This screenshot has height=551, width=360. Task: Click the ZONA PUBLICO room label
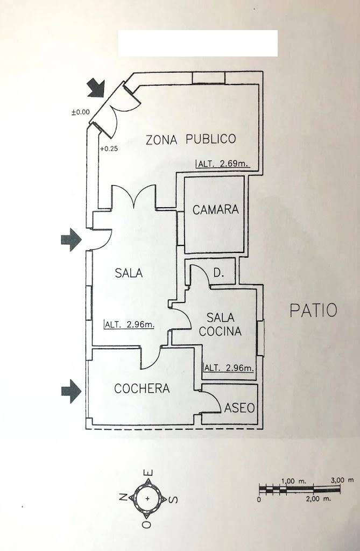(190, 139)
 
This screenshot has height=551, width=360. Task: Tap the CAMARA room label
(215, 210)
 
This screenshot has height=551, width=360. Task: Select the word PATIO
(314, 310)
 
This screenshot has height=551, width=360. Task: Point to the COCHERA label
(142, 388)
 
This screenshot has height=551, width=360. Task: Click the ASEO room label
(239, 408)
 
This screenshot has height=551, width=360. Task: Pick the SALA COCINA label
(220, 324)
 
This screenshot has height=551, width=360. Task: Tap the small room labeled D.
(218, 273)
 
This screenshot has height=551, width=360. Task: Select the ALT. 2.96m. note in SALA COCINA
(229, 368)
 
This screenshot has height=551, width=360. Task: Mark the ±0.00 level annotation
(81, 112)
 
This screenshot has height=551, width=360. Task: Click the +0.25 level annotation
(109, 149)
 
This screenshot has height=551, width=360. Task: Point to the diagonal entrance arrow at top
(97, 88)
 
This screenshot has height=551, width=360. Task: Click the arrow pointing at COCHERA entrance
(72, 391)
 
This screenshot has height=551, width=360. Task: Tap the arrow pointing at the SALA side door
(72, 239)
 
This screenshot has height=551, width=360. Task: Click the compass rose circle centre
(147, 498)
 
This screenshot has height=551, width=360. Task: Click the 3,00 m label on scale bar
(342, 480)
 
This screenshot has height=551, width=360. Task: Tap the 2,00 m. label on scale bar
(319, 498)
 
